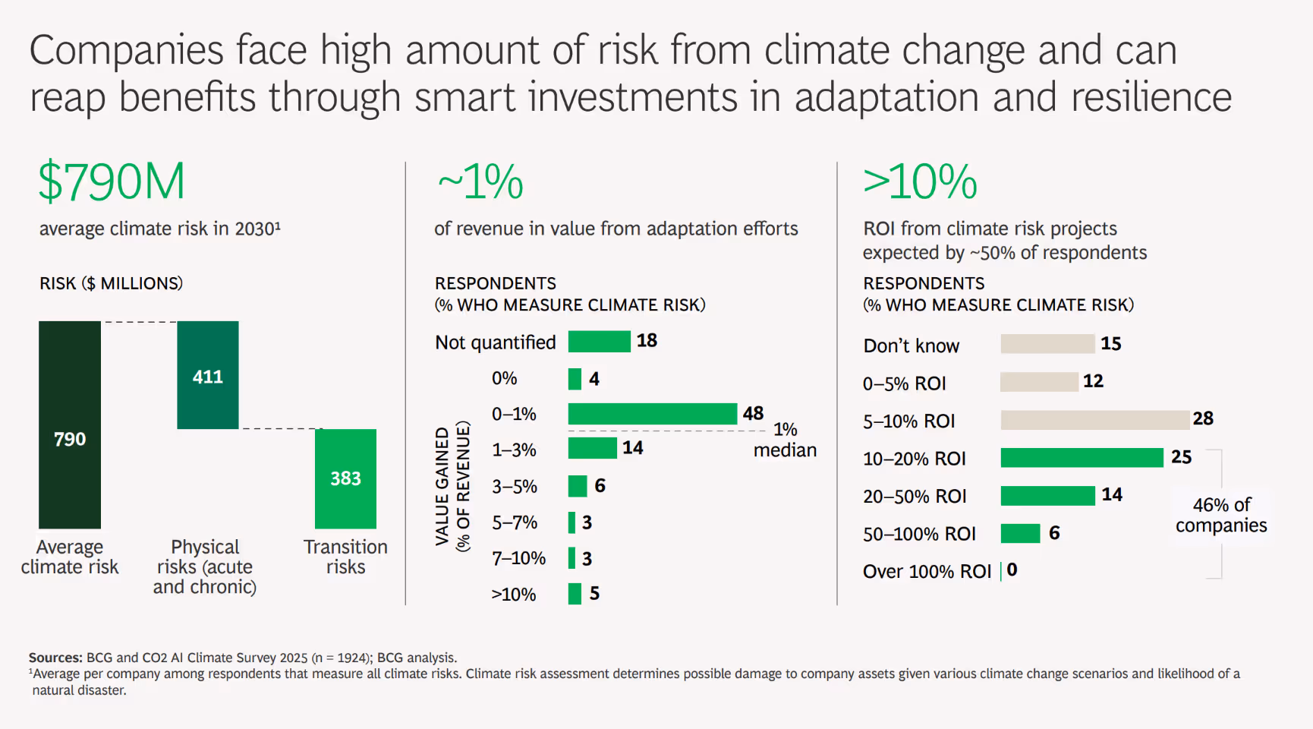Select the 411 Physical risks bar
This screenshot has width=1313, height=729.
[x=208, y=375]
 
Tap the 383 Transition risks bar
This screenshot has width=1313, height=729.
[x=345, y=478]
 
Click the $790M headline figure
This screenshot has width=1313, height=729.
[x=112, y=182]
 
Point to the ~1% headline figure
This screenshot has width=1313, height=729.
[x=480, y=182]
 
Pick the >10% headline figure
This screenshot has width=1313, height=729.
[x=920, y=182]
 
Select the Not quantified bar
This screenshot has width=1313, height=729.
[x=599, y=342]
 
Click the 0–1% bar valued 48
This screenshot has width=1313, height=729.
[x=652, y=414]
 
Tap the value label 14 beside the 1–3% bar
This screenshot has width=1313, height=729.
[x=633, y=448]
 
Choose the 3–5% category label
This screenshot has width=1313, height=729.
[x=514, y=486]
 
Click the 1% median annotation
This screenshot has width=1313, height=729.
[x=785, y=440]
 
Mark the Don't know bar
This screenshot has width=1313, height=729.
[x=1047, y=344]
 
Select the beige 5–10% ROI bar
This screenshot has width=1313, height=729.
[x=1094, y=420]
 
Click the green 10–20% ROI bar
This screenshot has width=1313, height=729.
[x=1082, y=457]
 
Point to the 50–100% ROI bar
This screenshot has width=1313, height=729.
[x=1020, y=533]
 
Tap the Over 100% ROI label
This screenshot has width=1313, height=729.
[x=927, y=571]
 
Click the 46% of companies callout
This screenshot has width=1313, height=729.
[x=1221, y=515]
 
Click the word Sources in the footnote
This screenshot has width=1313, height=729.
[x=55, y=658]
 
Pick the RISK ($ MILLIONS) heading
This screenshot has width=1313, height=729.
[x=111, y=283]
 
